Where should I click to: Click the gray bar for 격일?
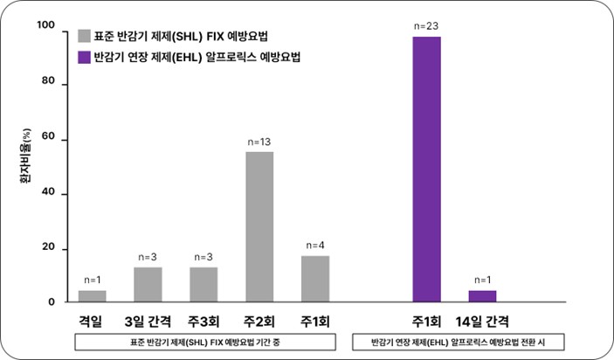(x=92, y=296)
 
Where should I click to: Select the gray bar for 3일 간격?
(x=148, y=285)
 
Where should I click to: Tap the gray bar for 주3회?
(x=204, y=285)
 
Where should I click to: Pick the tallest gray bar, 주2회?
(x=259, y=227)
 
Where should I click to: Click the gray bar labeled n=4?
(x=315, y=279)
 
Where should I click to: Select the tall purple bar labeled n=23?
(x=427, y=170)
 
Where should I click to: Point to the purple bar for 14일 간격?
(x=483, y=296)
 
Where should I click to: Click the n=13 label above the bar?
(x=259, y=141)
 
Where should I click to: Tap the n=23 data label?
(x=427, y=25)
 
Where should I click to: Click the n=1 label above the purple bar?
(x=483, y=279)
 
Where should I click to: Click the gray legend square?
(x=84, y=36)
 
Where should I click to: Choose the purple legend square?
(x=84, y=59)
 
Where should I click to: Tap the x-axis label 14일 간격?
(x=483, y=321)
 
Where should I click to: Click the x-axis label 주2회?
(x=259, y=321)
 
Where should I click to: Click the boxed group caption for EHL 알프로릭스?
(x=456, y=343)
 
